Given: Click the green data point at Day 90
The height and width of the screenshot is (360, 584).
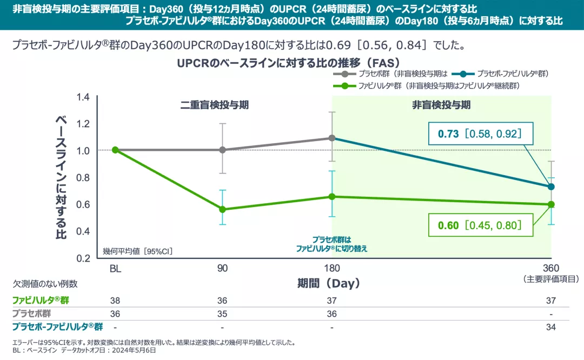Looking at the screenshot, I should click(x=222, y=209).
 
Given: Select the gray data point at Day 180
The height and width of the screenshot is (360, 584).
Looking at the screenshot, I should click(x=331, y=138).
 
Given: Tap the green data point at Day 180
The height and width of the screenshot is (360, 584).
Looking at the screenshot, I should click(x=331, y=196).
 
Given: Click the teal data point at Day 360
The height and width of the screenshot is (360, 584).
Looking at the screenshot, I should click(x=551, y=186).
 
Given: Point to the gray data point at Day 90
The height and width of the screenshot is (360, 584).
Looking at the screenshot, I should click(x=222, y=150).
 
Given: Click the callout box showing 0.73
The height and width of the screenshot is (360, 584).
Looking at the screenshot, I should click(x=476, y=134).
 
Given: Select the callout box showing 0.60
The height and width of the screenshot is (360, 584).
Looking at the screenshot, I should click(x=476, y=225).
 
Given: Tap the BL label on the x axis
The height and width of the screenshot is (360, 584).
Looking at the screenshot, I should click(x=115, y=269).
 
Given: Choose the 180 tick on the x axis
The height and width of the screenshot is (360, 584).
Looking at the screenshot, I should click(x=331, y=269).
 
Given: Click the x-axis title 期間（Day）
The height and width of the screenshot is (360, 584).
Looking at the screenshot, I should click(x=328, y=283).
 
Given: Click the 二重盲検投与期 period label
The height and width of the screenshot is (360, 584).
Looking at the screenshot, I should click(x=215, y=105).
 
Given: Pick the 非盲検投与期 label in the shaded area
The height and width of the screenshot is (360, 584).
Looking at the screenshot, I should click(x=441, y=105).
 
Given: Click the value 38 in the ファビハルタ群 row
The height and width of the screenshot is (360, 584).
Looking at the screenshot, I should click(x=115, y=300).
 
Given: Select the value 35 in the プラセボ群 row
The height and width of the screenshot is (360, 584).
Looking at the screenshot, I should click(x=222, y=314).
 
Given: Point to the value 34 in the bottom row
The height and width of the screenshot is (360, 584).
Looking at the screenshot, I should click(x=551, y=327).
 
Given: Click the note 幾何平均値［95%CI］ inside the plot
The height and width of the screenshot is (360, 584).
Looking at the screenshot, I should click(x=138, y=251).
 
